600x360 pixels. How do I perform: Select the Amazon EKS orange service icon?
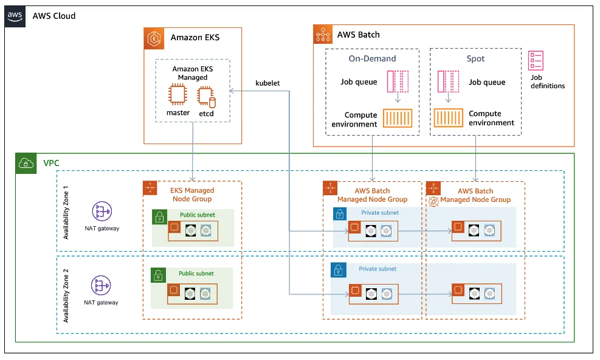(x=154, y=37)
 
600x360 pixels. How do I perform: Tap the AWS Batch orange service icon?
(x=323, y=35)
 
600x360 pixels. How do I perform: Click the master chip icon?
(x=178, y=94)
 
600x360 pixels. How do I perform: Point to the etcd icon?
(x=206, y=95)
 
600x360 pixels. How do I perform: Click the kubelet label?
(x=267, y=83)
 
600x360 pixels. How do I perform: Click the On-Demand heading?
(x=372, y=59)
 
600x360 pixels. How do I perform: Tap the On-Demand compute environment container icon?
(x=397, y=119)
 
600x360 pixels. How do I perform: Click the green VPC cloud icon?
(x=26, y=163)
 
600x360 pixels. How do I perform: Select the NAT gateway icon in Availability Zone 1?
(x=102, y=211)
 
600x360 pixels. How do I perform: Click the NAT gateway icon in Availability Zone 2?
(x=102, y=285)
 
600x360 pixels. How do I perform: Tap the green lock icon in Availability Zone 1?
(x=159, y=217)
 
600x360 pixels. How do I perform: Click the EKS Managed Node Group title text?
(x=191, y=195)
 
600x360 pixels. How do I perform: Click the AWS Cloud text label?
(x=54, y=16)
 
